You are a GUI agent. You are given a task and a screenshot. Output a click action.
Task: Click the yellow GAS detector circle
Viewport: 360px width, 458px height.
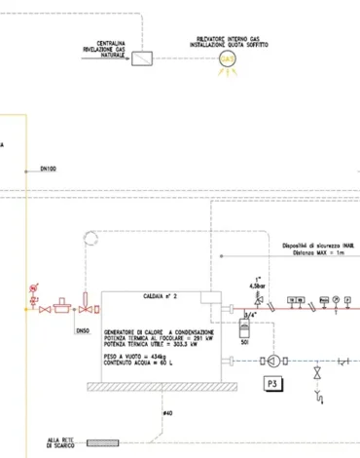[228, 59]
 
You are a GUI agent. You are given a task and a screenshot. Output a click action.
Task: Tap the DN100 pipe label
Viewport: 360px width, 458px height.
[48, 170]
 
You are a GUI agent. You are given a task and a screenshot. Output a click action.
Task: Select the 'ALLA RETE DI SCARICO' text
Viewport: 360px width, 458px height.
[61, 443]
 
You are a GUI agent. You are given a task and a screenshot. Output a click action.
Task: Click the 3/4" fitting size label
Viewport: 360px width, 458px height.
[249, 314]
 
